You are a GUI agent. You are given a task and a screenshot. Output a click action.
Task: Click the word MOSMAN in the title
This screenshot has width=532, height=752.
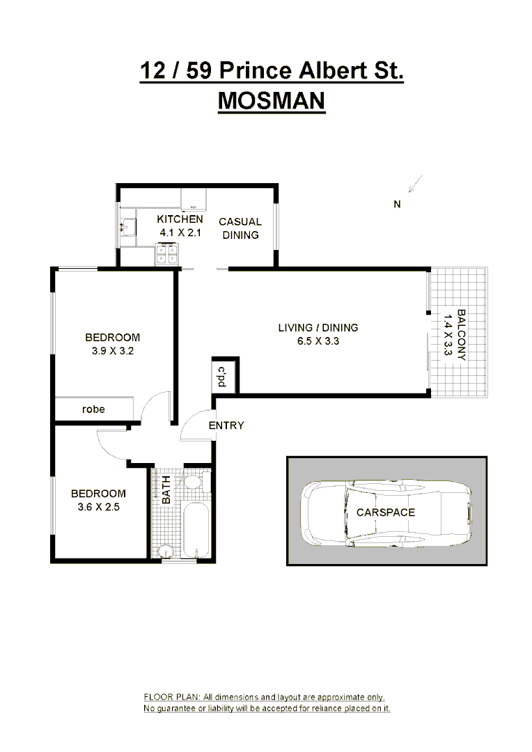coord(271,102)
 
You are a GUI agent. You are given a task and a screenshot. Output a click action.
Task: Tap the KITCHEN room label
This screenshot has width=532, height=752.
coord(180,219)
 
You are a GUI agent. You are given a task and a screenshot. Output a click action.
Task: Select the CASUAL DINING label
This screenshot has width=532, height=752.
coord(240,228)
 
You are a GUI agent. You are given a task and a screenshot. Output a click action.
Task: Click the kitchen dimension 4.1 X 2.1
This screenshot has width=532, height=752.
coord(180,233)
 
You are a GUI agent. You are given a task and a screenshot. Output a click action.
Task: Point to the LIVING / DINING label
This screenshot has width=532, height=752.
coord(318,327)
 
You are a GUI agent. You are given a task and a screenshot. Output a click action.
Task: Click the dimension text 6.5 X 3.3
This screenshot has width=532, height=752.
coord(318,341)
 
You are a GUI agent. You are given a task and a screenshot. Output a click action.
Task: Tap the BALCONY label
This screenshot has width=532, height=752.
coord(460,334)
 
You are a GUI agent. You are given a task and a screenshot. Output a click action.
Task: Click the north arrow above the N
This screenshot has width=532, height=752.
coord(416,184)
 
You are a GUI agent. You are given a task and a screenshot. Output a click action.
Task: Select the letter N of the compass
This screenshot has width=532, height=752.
coord(397,204)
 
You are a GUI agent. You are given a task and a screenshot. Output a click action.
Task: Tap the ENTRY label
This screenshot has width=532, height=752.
coord(226,425)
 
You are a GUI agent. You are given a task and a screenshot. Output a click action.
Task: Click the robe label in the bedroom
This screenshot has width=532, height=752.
coord(93,409)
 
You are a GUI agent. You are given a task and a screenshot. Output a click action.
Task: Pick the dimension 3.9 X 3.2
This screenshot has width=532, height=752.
coord(112,351)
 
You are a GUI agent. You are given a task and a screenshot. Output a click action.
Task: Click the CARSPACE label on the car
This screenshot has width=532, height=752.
coord(385,512)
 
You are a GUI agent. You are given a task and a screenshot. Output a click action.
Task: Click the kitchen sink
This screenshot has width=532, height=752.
coord(126,227)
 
